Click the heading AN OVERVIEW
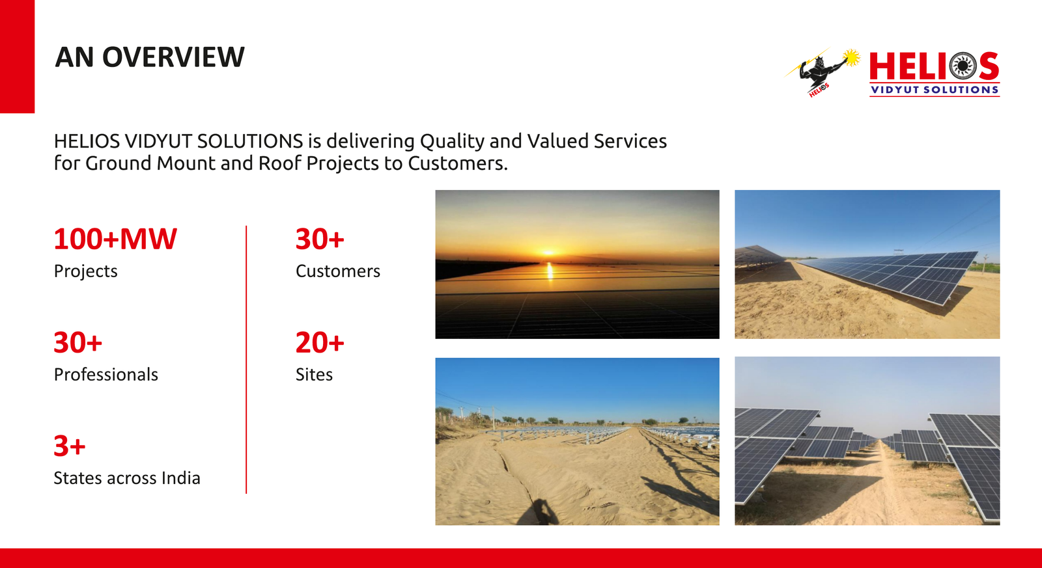[149, 57]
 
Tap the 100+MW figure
[115, 239]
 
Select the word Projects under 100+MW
[85, 271]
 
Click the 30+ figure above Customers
[320, 239]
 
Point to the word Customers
[338, 271]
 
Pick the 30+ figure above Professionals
[77, 343]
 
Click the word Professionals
[106, 375]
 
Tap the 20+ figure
[320, 343]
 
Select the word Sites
[314, 375]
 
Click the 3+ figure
[69, 446]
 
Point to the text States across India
[126, 478]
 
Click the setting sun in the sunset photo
[549, 252]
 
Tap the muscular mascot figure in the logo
[822, 72]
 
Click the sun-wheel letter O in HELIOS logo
[963, 66]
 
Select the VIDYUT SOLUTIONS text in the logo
[935, 90]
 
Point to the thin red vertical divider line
[246, 359]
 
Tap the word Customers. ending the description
[458, 163]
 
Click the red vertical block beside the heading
[17, 56]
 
